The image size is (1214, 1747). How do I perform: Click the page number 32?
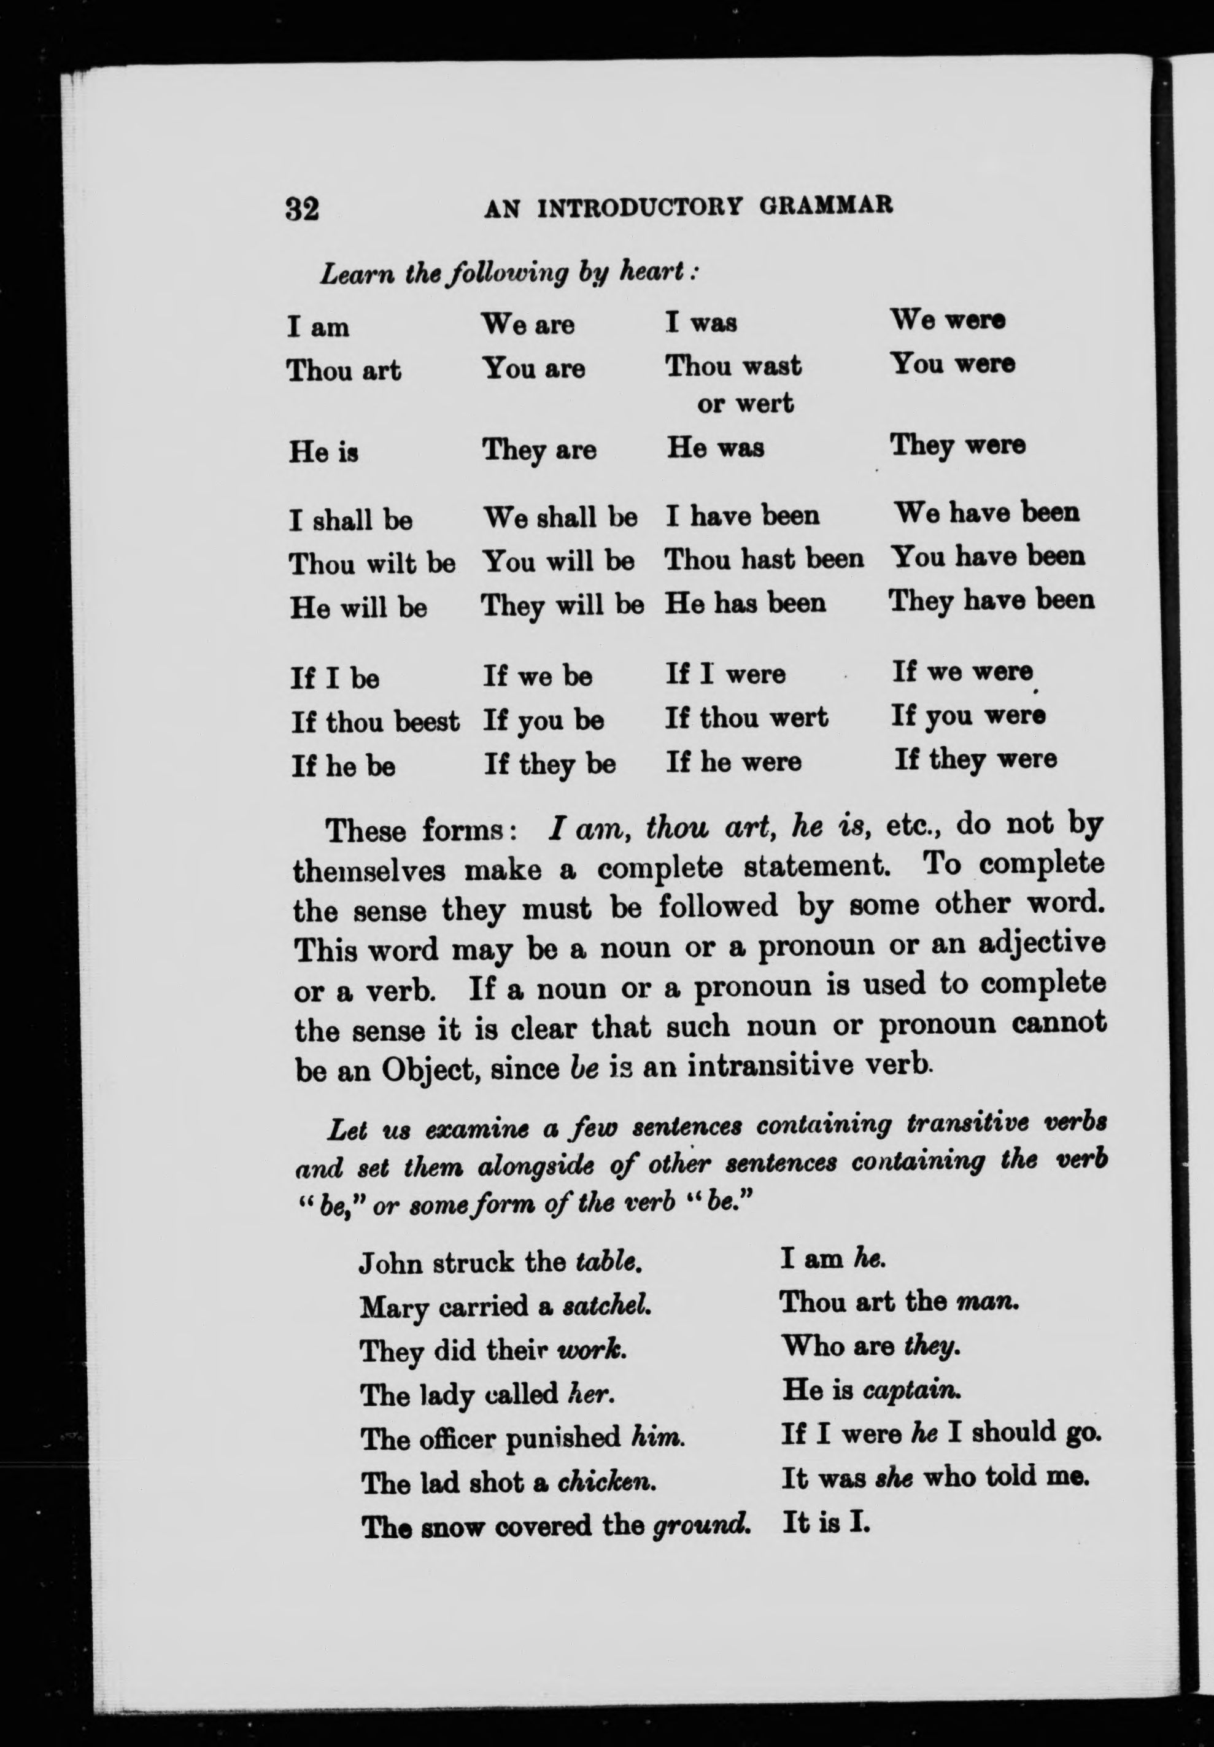coord(302,207)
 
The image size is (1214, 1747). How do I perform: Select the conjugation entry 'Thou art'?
coord(344,371)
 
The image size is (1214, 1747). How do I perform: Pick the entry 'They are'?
coord(539,450)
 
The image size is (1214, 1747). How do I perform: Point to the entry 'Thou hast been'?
coord(764,560)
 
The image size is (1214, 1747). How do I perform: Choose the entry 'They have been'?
coord(991,601)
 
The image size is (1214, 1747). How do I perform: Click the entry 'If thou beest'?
coord(375,721)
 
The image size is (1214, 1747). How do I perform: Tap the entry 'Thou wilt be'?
coord(372,564)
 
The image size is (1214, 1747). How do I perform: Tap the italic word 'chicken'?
coord(606,1482)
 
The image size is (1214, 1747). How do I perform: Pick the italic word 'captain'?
coord(912,1391)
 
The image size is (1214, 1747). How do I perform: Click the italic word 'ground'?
coord(700,1527)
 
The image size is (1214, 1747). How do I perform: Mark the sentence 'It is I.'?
coord(825,1524)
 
